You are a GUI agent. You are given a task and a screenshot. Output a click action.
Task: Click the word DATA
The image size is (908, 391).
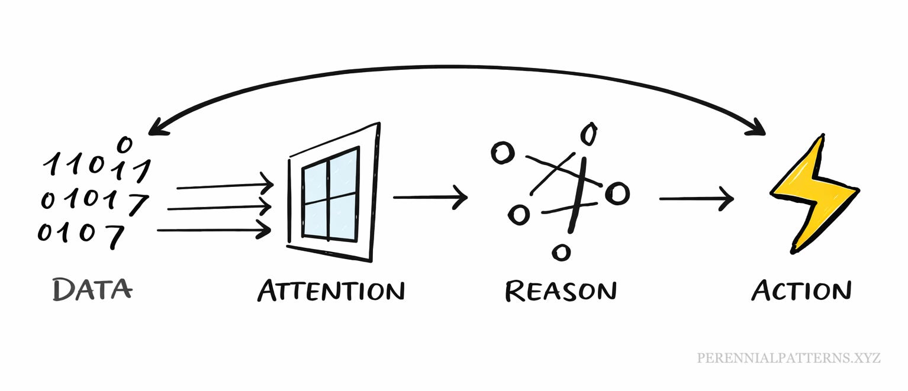click(92, 289)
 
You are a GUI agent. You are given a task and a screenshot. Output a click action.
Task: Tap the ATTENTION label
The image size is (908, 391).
click(331, 290)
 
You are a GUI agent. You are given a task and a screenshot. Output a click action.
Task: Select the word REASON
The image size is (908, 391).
click(561, 290)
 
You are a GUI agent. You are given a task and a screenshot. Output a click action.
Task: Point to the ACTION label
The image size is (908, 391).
click(801, 290)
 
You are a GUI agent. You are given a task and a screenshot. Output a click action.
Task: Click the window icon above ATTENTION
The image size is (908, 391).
click(333, 192)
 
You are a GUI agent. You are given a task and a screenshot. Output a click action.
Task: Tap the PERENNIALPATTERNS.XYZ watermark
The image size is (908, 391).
click(789, 358)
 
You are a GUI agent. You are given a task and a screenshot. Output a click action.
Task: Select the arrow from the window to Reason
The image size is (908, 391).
click(430, 197)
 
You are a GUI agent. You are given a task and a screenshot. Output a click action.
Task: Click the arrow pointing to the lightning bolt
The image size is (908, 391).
click(696, 198)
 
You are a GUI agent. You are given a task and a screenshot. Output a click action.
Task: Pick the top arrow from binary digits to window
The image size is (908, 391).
click(225, 186)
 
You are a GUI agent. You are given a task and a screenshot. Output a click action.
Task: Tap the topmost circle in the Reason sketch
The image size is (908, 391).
click(588, 134)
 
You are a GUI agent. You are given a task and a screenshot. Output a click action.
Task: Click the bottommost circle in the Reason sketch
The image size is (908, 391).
click(561, 253)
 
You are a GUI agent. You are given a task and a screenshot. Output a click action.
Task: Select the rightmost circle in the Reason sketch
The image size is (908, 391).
click(618, 193)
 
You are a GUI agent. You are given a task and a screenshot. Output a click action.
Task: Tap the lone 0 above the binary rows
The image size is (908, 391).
click(124, 143)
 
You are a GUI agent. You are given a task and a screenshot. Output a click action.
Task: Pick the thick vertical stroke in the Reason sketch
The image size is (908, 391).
click(577, 195)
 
